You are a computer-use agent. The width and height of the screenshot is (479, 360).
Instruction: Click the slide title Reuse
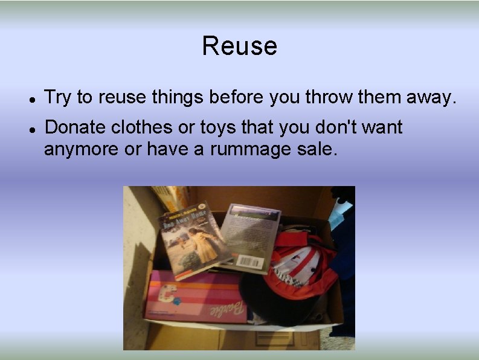click(239, 46)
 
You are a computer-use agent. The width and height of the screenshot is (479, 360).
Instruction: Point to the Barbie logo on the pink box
click(227, 309)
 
